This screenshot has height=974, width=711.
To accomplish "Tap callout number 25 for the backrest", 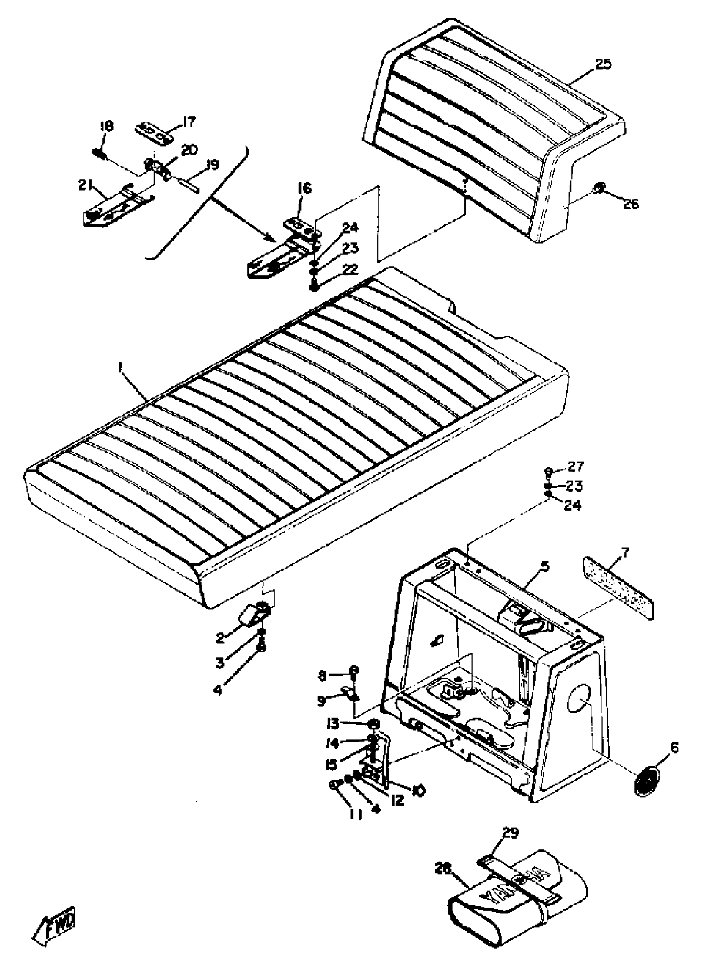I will [603, 64].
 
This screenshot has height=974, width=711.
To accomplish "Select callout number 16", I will [304, 189].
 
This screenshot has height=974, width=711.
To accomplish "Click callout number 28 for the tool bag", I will [443, 869].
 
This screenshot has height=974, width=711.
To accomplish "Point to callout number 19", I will [212, 165].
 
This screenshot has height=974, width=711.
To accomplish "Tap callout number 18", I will [106, 127].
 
